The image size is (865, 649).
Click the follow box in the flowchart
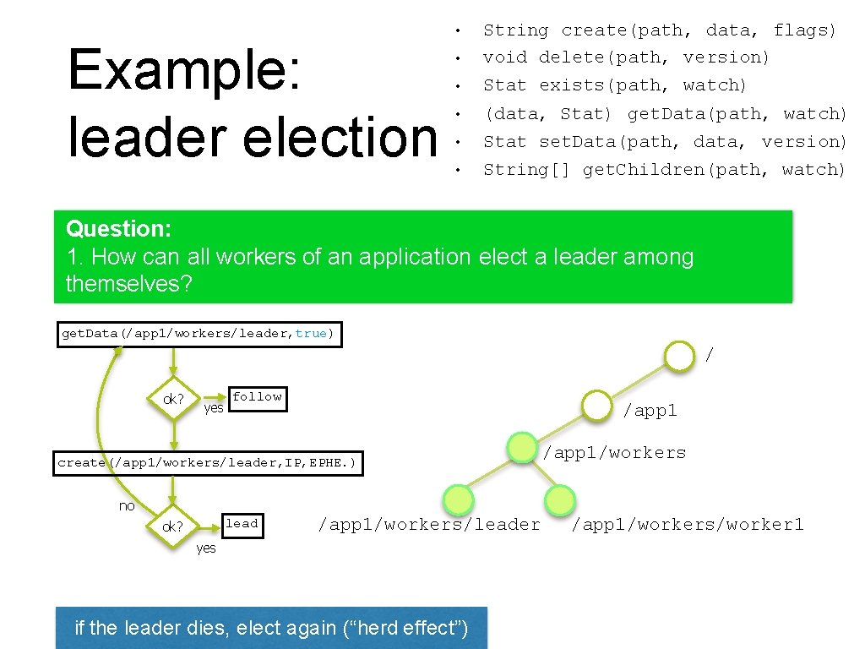pos(257,398)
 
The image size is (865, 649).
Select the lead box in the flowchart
pos(241,525)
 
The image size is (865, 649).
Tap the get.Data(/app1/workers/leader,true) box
pos(199,334)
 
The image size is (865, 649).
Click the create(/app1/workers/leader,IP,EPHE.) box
pos(208,463)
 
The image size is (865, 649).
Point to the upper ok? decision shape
pos(174,399)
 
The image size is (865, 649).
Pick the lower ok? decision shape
pos(173,526)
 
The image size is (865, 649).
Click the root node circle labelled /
pos(679,356)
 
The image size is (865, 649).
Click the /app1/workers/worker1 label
pos(688,525)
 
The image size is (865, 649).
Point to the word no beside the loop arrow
pos(127,505)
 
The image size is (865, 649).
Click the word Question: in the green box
pos(119,229)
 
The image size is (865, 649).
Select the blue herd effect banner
pos(271,628)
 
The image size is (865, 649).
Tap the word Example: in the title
pos(183,70)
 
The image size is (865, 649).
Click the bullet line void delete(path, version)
pos(626,57)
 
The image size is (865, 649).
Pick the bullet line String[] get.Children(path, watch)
pos(664,170)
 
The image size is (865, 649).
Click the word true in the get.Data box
pos(311,334)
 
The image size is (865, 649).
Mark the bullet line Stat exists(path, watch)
pos(615,85)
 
